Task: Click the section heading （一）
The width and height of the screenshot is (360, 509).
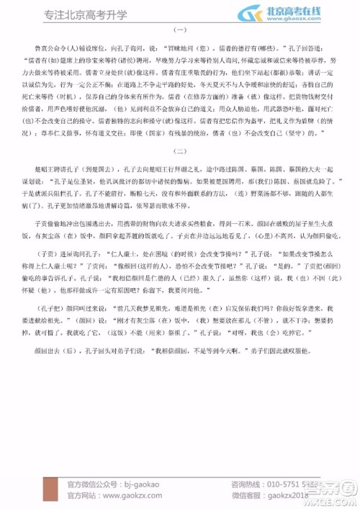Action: click(x=179, y=30)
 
